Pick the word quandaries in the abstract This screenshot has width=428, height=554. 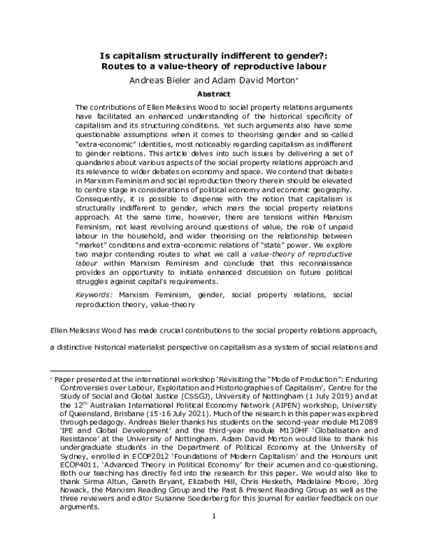pos(103,152)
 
